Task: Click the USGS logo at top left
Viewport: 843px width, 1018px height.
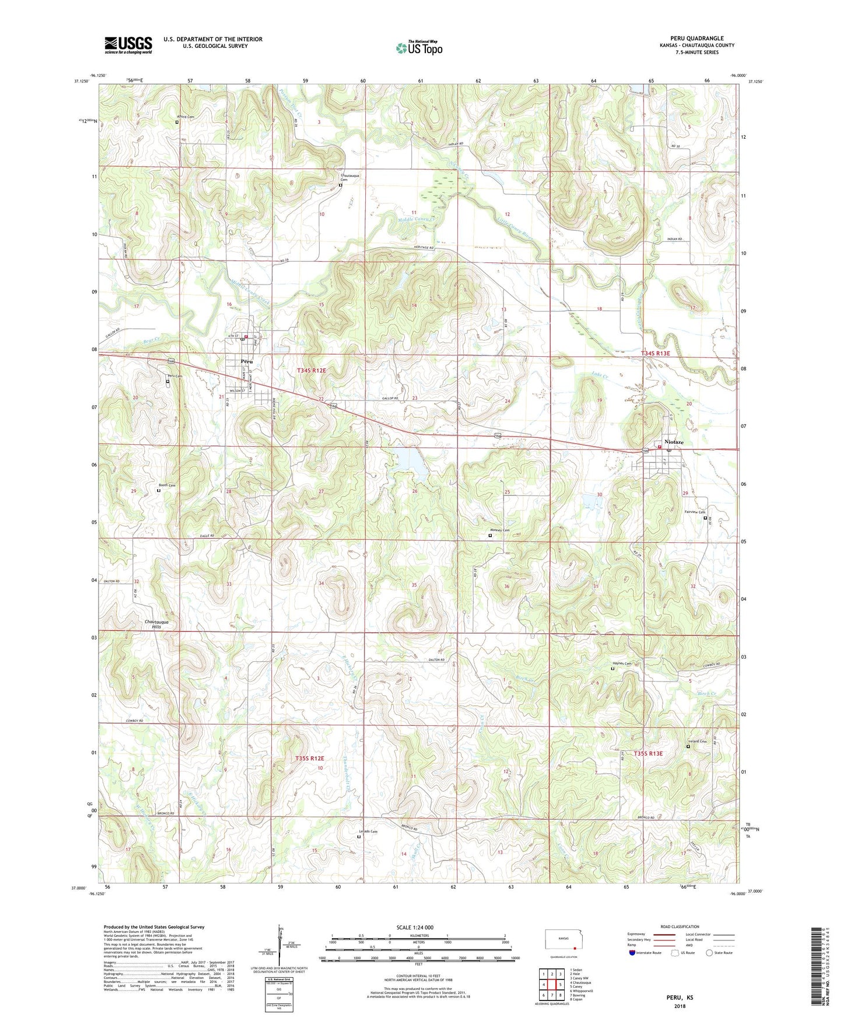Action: point(128,45)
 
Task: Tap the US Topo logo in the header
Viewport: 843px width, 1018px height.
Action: point(419,48)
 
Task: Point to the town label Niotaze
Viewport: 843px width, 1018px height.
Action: point(672,443)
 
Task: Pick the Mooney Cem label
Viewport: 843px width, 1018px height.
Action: point(499,530)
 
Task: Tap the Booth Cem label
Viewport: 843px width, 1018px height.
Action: point(167,485)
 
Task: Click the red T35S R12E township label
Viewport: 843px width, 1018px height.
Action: point(309,758)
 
